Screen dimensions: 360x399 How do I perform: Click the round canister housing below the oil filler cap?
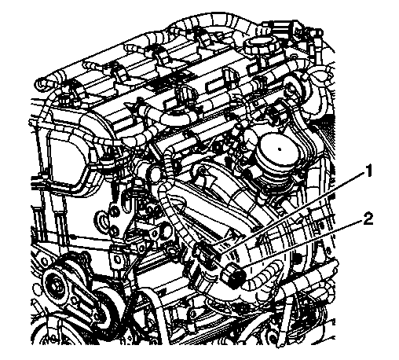tap(276, 161)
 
